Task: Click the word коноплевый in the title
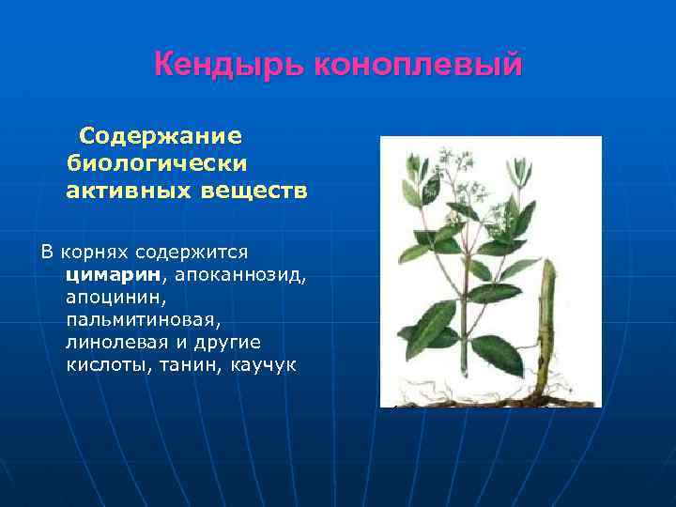coord(419,65)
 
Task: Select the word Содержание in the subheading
coord(161,136)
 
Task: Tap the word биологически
coord(157,163)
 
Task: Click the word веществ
coord(253,192)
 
